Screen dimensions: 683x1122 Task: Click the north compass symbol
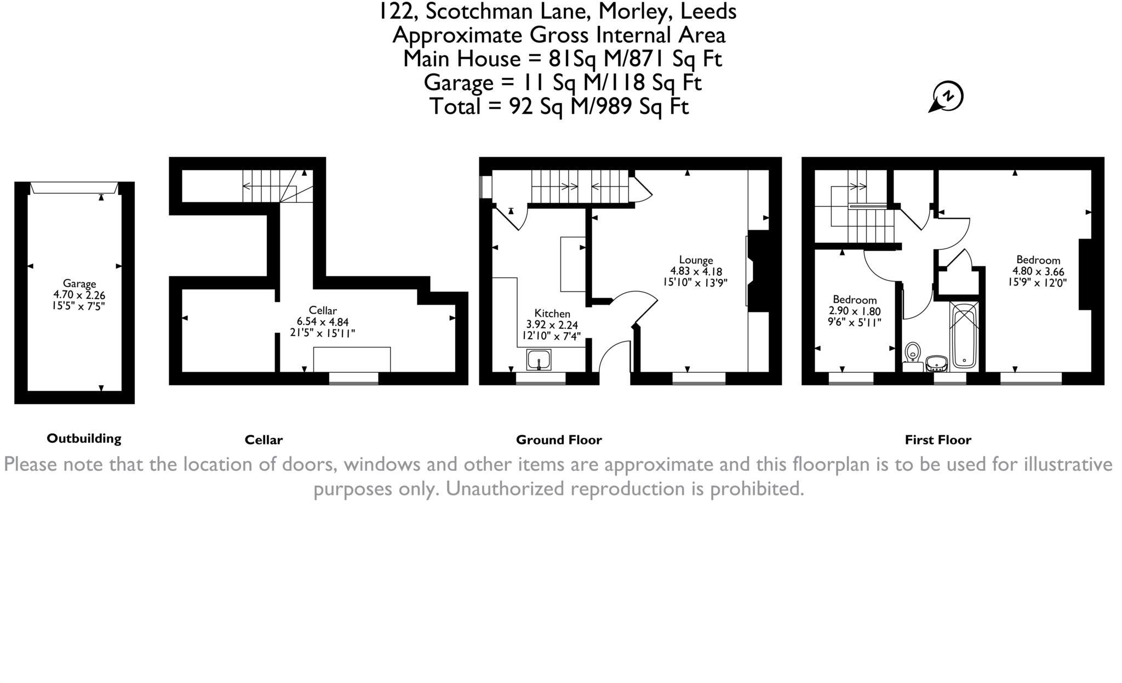[948, 98]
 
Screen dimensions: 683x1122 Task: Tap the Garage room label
[79, 283]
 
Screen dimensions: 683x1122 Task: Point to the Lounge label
[696, 260]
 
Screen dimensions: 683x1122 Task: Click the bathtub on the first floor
[964, 337]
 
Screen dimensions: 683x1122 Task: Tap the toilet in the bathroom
[913, 352]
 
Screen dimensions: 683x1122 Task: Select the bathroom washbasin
[937, 363]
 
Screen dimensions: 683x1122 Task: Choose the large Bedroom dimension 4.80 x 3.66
[1038, 271]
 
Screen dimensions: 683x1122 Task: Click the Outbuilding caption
[84, 439]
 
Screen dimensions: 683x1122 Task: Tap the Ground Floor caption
[559, 440]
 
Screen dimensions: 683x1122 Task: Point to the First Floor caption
[937, 440]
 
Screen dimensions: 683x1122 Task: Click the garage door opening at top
[74, 188]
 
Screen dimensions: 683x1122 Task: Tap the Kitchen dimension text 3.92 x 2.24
[552, 325]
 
